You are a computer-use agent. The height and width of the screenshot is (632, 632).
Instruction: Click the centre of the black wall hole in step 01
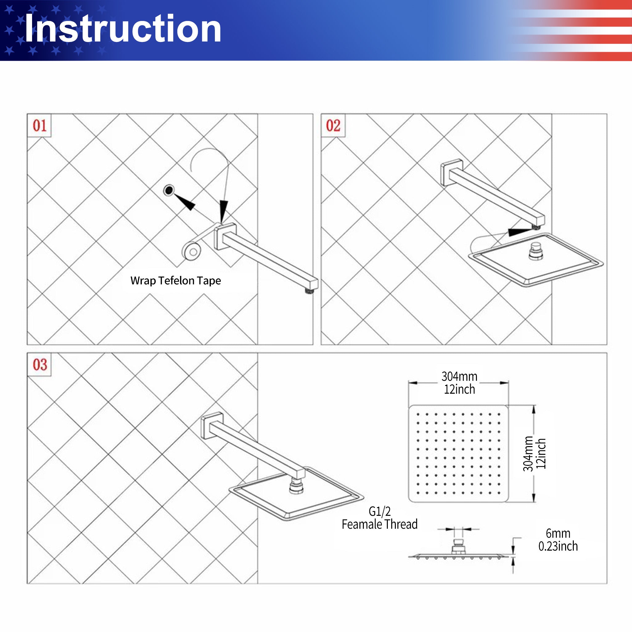pyautogui.click(x=169, y=190)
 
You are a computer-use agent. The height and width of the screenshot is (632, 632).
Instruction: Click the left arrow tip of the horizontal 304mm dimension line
pyautogui.click(x=409, y=383)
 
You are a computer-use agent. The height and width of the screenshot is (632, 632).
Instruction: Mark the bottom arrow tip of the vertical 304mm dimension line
pyautogui.click(x=534, y=502)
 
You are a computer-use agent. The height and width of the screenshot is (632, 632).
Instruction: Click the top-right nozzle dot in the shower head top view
pyautogui.click(x=499, y=414)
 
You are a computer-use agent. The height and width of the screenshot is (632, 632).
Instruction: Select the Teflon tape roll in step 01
pyautogui.click(x=192, y=251)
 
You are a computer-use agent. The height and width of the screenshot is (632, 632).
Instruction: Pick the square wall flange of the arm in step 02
pyautogui.click(x=452, y=172)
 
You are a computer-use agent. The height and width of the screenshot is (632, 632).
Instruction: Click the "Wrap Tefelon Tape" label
pyautogui.click(x=176, y=281)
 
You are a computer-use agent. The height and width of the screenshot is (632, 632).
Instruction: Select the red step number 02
pyautogui.click(x=333, y=125)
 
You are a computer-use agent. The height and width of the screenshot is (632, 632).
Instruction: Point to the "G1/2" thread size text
pyautogui.click(x=380, y=511)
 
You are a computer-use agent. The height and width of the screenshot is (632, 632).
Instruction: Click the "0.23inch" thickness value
pyautogui.click(x=558, y=546)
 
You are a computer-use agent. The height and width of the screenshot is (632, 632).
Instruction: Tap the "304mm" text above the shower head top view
pyautogui.click(x=459, y=376)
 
